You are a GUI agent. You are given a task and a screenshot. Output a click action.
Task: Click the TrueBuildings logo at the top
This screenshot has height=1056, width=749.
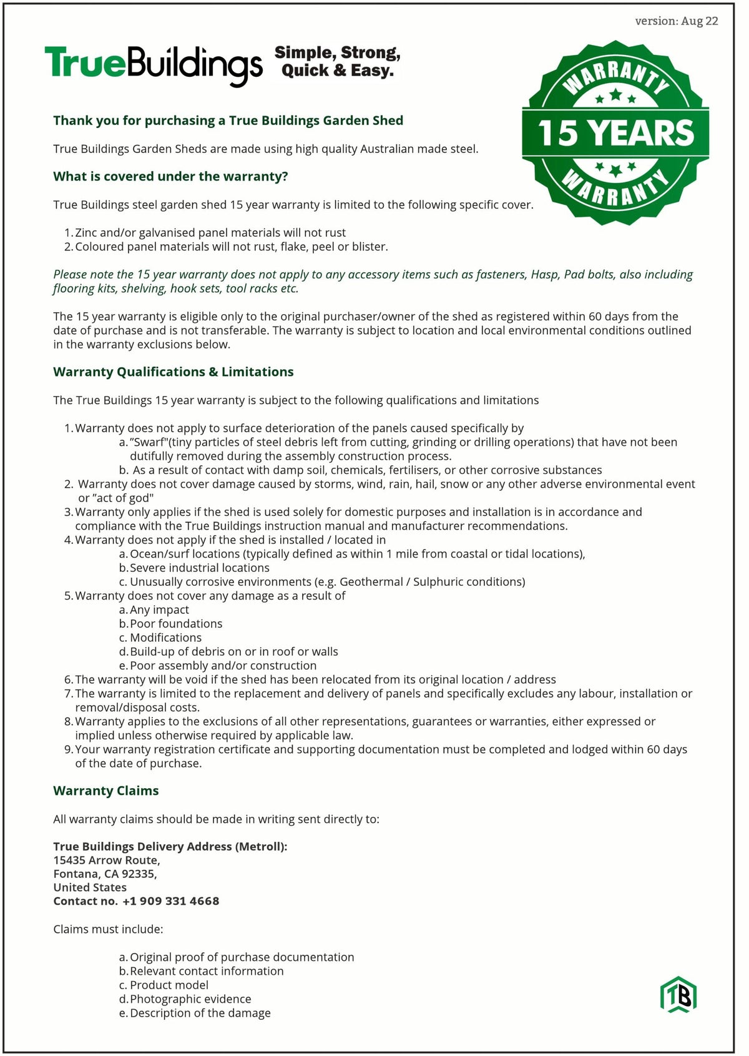[x=154, y=65]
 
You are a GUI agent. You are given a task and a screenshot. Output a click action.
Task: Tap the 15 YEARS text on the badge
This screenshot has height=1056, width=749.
[x=615, y=133]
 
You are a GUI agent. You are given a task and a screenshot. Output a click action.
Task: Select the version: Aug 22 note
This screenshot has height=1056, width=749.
[x=677, y=21]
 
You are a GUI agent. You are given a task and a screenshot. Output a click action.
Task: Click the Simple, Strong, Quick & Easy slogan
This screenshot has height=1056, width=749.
[x=338, y=62]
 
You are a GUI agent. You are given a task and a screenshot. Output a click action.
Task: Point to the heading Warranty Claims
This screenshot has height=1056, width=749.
[x=106, y=791]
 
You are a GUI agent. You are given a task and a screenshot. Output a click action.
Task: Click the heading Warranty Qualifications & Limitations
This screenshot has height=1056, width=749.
[x=174, y=372]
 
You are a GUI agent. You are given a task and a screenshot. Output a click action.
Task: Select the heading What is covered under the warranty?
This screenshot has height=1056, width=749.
[x=170, y=176]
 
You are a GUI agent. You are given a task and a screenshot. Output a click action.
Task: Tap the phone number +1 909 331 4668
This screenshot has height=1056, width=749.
[x=171, y=901]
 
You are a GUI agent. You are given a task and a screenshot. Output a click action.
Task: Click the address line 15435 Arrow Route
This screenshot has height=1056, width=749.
[x=107, y=860]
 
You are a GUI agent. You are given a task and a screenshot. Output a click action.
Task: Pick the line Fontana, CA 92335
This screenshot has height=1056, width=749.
[x=105, y=874]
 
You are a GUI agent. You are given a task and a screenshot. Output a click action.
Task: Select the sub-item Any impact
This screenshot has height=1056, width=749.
[x=159, y=609]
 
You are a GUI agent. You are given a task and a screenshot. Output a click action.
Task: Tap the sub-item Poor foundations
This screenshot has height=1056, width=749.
[x=176, y=623]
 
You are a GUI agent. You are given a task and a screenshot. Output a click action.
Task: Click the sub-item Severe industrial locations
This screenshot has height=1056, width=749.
[x=200, y=568]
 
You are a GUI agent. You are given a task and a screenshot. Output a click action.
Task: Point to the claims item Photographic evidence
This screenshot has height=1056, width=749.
[x=190, y=999]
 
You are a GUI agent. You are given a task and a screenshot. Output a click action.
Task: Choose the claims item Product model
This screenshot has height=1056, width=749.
[x=169, y=985]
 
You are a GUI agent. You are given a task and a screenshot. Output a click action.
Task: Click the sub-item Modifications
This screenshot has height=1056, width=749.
[x=165, y=638]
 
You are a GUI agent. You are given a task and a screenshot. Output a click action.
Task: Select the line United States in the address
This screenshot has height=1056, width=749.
[x=90, y=887]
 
